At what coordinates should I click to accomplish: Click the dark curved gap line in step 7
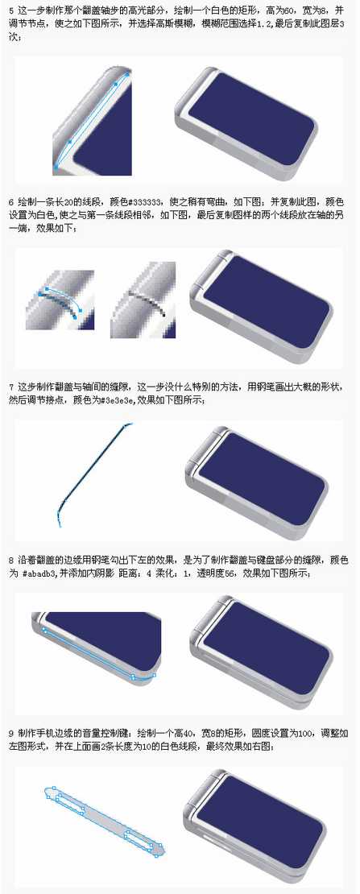[89, 467]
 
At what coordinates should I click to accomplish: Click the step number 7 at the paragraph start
[10, 386]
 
